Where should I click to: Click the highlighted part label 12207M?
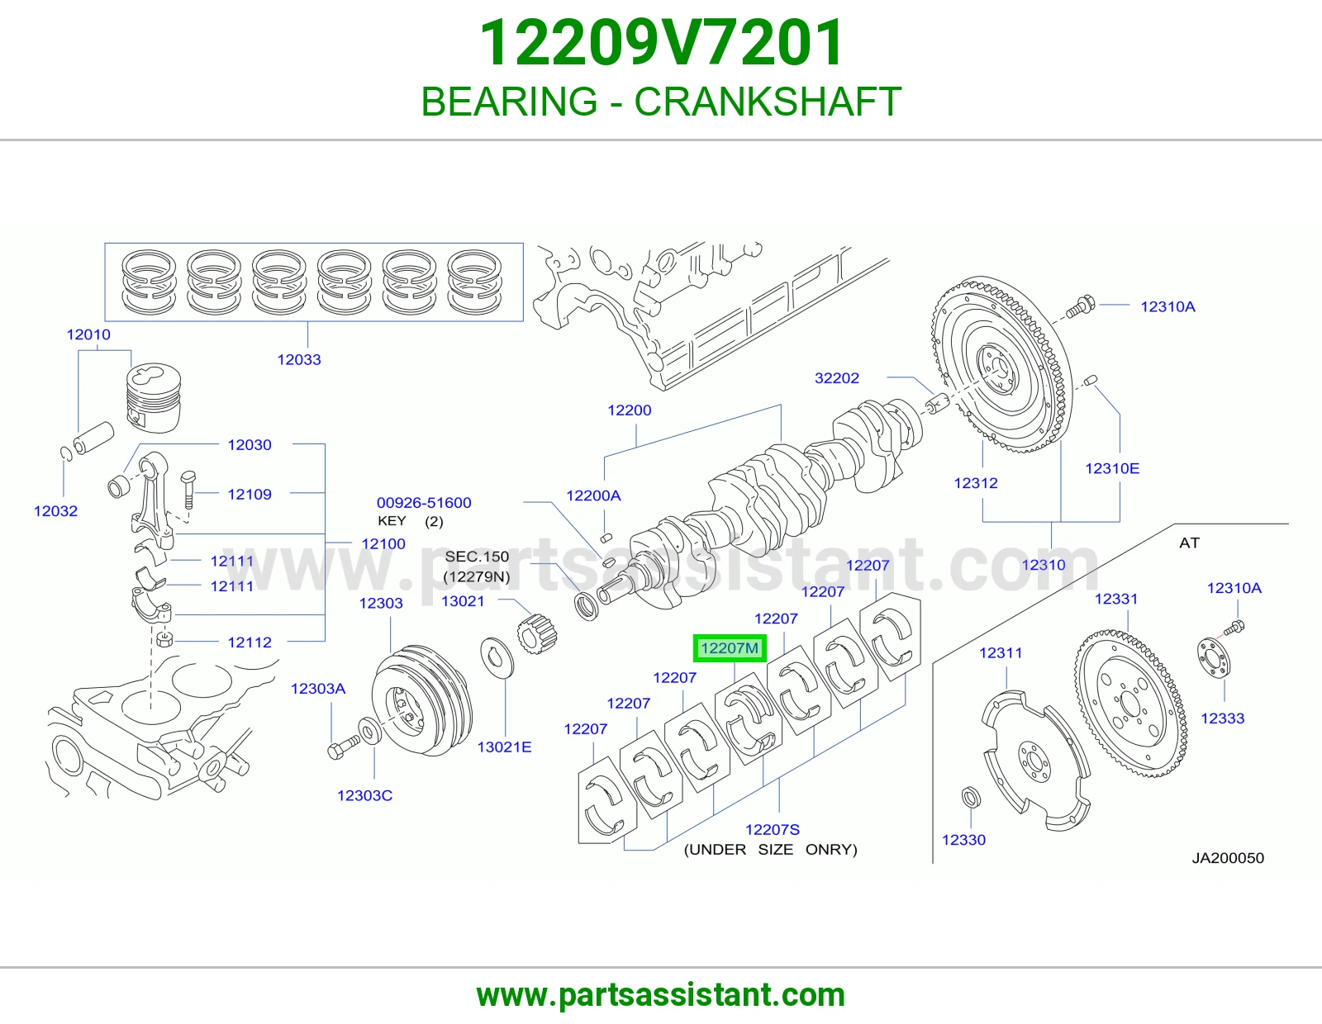[x=730, y=648]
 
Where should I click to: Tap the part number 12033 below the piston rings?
[x=299, y=359]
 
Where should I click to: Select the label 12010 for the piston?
[x=88, y=334]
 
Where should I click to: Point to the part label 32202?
[x=836, y=377]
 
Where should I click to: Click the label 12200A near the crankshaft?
[x=593, y=495]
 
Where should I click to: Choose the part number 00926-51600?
[x=423, y=503]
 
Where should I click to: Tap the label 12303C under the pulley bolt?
[x=364, y=795]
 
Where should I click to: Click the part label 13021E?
[x=504, y=747]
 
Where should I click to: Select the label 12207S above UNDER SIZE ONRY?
[x=772, y=829]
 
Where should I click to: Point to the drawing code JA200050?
[x=1228, y=858]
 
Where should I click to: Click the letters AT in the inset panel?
[x=1189, y=543]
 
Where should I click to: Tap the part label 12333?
[x=1222, y=718]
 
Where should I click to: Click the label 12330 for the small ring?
[x=963, y=840]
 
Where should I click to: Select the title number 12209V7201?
[x=661, y=42]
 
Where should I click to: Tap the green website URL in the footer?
[x=661, y=995]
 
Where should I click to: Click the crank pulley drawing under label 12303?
[x=421, y=700]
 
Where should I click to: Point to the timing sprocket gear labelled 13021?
[x=536, y=634]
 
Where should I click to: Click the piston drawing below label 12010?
[x=154, y=398]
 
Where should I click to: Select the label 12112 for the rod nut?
[x=250, y=642]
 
